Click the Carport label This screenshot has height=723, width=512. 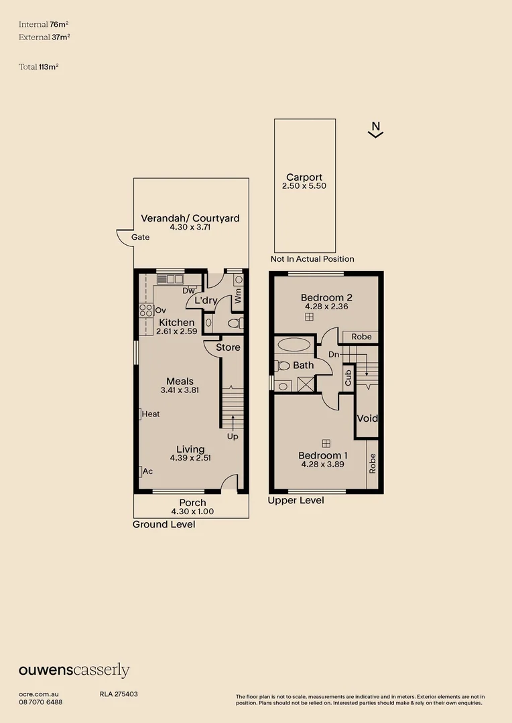(x=304, y=177)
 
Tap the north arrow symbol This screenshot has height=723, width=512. (x=376, y=130)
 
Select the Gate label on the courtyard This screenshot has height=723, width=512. (x=140, y=237)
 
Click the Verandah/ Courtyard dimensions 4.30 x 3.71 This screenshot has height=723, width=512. (x=190, y=228)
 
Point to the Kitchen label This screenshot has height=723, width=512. (x=177, y=322)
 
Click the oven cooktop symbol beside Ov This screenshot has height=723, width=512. (x=146, y=311)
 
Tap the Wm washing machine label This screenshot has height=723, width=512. (x=238, y=296)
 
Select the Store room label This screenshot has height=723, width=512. (x=228, y=347)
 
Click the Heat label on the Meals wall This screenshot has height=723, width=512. (x=151, y=414)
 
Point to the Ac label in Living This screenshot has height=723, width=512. (x=147, y=471)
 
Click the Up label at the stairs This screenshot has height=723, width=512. (x=233, y=436)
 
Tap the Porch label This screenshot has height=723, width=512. (x=192, y=503)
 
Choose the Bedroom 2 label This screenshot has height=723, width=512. (x=327, y=297)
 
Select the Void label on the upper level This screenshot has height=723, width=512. (x=367, y=418)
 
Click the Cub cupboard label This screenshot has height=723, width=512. (x=348, y=378)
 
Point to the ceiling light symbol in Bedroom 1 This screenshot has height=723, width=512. (x=326, y=444)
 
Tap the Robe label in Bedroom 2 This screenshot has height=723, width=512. (x=361, y=337)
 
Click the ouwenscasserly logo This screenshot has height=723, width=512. (x=74, y=670)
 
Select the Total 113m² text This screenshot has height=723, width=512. (x=39, y=67)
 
